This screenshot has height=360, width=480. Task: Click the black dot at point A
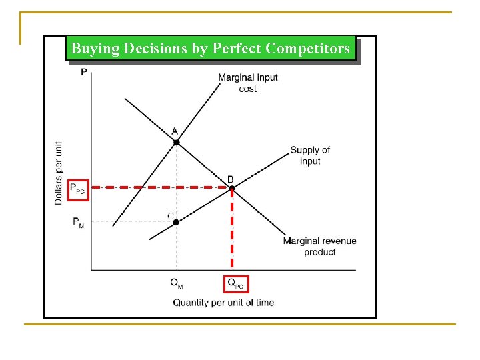pos(176,142)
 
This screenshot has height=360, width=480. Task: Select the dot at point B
pos(232,189)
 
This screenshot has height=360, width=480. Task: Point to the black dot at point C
pos(176,221)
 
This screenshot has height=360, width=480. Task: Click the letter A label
pos(175,131)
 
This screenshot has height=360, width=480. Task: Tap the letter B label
pos(231,179)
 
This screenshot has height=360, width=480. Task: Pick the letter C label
pos(171,215)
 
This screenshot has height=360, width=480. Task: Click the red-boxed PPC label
pos(78,189)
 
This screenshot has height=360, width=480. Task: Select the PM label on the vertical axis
pos(79,223)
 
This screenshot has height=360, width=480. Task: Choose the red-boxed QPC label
pos(236,283)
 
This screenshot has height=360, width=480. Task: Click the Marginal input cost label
pos(248,83)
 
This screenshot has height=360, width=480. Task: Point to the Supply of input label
pos(310,155)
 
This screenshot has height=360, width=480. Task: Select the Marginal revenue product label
pos(319,247)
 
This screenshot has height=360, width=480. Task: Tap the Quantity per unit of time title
pos(223,303)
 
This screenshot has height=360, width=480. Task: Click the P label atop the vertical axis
pos(83,71)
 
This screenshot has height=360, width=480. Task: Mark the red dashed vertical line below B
pos(232,233)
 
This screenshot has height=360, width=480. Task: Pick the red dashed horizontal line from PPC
pos(160,189)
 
